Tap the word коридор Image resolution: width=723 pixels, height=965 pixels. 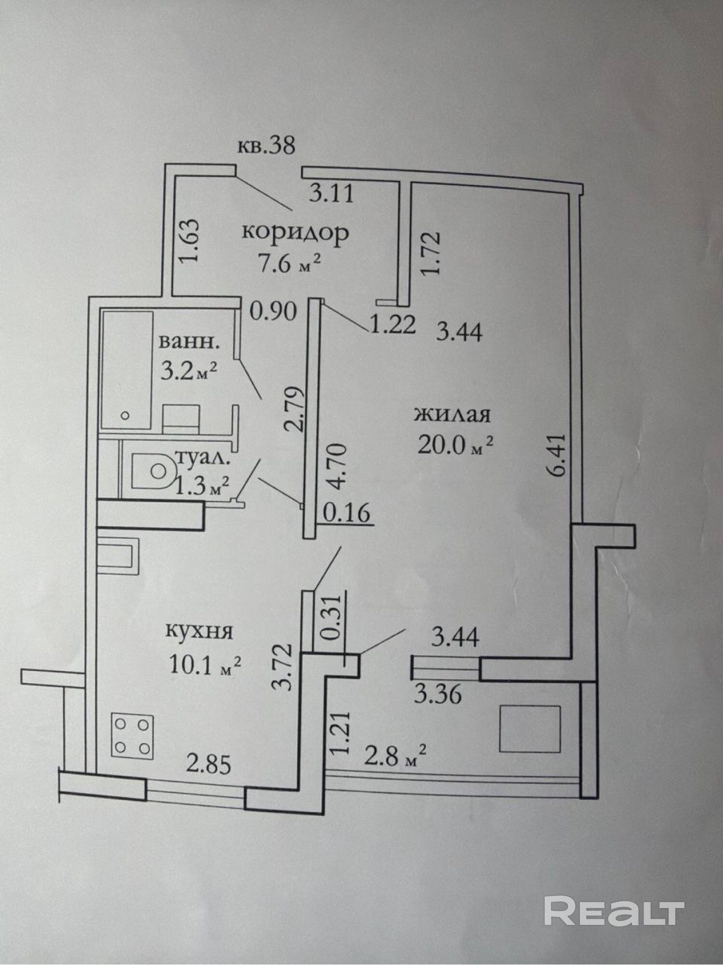tap(295, 233)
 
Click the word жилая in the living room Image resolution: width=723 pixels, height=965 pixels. tap(452, 414)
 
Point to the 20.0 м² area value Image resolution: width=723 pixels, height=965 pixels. tap(455, 446)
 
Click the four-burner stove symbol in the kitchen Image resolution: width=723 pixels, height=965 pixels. tap(133, 735)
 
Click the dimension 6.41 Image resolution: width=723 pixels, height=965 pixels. tap(556, 455)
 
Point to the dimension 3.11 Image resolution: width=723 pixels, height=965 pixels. tap(332, 194)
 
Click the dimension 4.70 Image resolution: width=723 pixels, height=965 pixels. tap(339, 466)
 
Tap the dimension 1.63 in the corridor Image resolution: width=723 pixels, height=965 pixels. tap(189, 247)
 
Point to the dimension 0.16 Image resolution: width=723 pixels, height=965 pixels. tap(347, 512)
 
